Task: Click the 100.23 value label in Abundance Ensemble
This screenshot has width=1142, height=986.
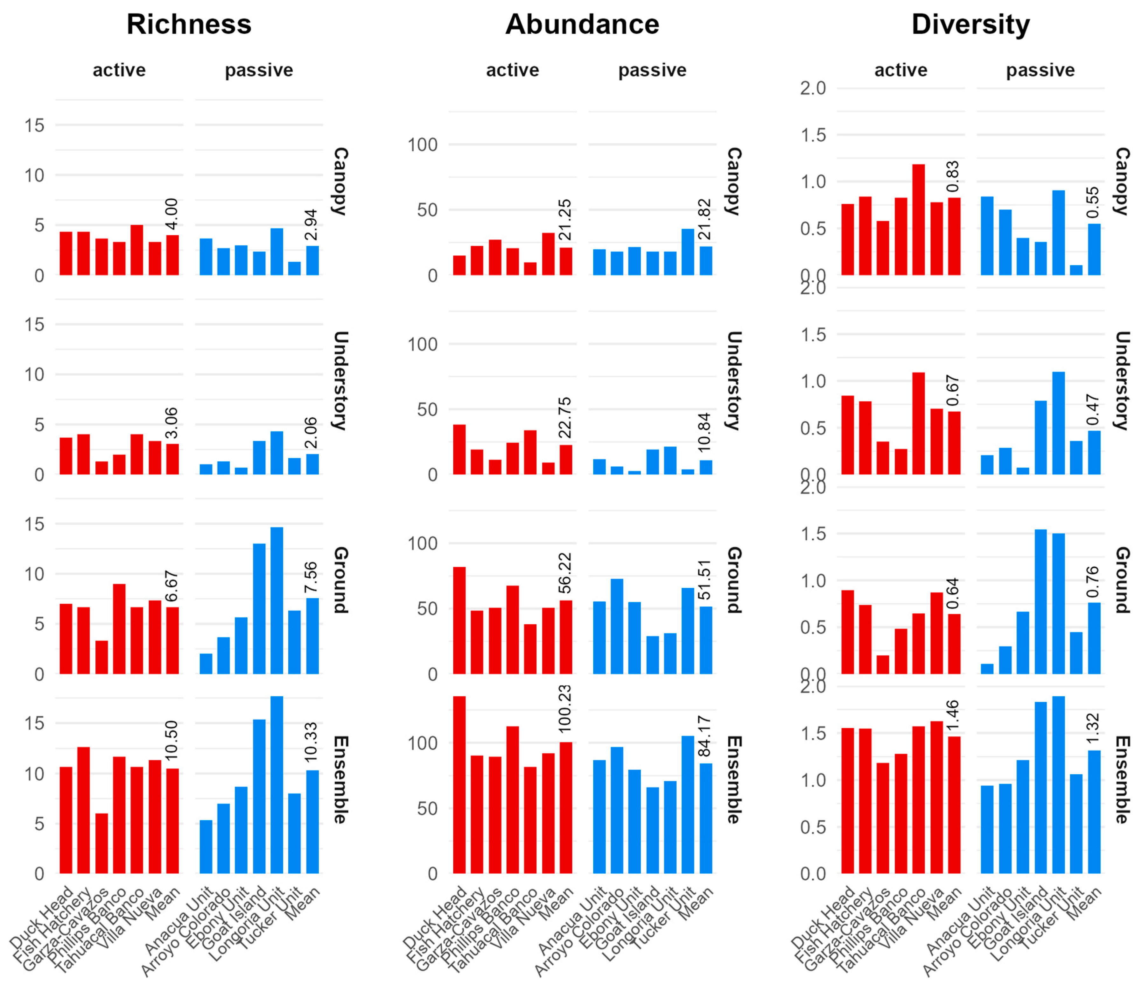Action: (x=565, y=709)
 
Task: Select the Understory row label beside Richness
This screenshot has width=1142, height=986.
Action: (x=340, y=380)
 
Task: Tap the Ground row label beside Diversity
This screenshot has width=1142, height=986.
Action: (x=1123, y=580)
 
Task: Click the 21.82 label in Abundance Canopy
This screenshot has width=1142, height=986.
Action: (x=704, y=219)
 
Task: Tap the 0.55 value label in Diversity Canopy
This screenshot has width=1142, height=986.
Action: (x=1093, y=202)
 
